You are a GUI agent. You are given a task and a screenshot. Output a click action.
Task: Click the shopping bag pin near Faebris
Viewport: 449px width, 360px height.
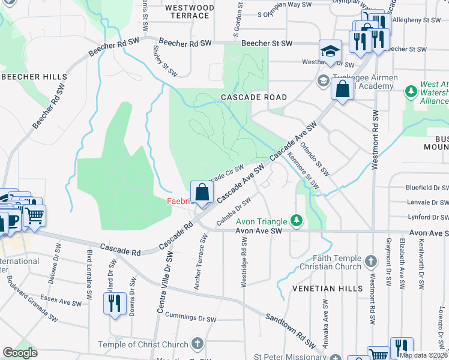[202, 193]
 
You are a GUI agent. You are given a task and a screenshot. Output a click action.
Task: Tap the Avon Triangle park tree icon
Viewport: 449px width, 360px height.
[295, 221]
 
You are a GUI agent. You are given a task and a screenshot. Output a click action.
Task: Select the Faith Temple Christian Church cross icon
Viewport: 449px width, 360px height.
[371, 261]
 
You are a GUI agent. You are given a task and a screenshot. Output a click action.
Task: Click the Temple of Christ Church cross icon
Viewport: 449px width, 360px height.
[197, 344]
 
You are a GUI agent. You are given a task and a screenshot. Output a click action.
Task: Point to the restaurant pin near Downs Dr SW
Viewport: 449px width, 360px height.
[115, 303]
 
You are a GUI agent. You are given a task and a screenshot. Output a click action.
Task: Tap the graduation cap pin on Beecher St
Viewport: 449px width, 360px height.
[330, 52]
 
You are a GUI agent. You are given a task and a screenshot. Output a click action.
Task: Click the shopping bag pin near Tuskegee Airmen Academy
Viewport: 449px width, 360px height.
[342, 90]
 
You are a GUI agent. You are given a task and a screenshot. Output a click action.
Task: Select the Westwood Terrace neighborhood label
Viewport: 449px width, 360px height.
[189, 11]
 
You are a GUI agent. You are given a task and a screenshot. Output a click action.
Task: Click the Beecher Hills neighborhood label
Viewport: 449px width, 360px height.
[34, 77]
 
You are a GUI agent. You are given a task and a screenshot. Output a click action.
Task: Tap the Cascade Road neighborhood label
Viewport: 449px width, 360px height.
[254, 97]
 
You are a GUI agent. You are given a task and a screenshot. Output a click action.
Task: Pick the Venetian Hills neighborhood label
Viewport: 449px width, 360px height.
[327, 289]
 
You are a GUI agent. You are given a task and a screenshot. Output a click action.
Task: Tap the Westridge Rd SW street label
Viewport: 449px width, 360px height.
[244, 262]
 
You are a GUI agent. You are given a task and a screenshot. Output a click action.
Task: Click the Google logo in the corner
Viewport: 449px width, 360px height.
[20, 353]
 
